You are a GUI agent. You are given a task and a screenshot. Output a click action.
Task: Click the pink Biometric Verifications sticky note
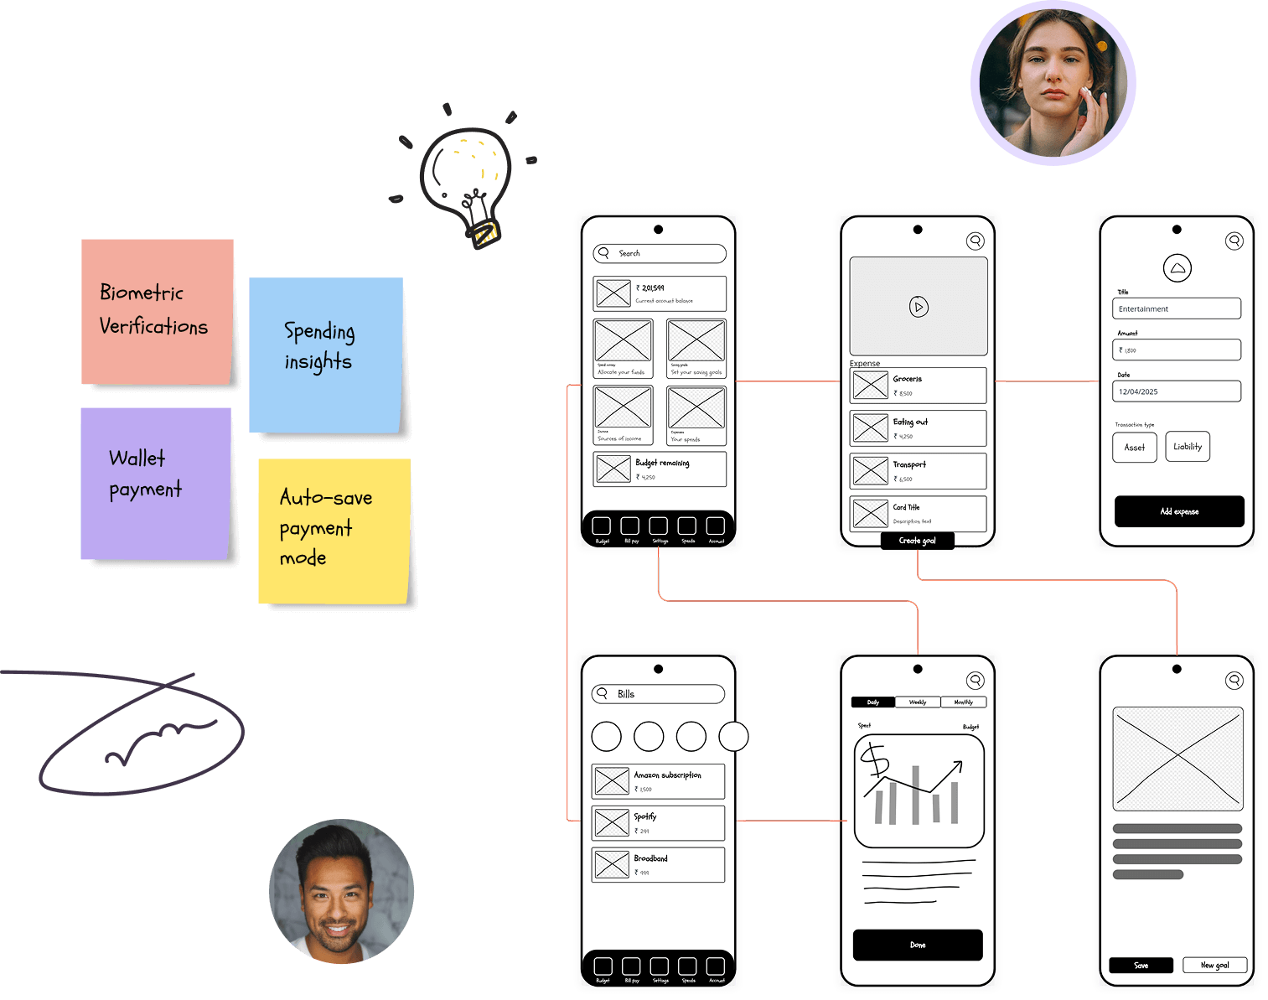[x=157, y=311]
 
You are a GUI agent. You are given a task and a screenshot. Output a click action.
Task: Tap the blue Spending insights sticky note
[x=326, y=355]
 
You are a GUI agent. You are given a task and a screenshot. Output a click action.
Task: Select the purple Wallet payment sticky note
[x=155, y=483]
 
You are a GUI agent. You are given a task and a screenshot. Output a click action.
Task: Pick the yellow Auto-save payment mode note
[x=334, y=530]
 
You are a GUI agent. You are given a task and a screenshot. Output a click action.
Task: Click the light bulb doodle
[x=467, y=183]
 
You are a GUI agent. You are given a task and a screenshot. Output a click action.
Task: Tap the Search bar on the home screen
[x=660, y=253]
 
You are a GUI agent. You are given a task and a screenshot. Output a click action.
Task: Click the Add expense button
[x=1178, y=511]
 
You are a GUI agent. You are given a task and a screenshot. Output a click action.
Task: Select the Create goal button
[x=917, y=541]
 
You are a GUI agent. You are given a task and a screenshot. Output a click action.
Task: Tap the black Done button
[x=918, y=945]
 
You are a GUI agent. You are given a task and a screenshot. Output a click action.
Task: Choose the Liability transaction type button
[x=1187, y=447]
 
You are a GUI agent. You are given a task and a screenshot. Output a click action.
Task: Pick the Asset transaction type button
[x=1135, y=447]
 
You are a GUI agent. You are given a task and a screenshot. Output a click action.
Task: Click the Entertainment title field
[x=1177, y=308]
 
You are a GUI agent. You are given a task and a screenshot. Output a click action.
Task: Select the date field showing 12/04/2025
[x=1177, y=391]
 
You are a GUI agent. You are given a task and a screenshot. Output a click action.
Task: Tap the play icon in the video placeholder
[x=919, y=307]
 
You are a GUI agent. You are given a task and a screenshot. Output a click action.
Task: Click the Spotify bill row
[x=658, y=823]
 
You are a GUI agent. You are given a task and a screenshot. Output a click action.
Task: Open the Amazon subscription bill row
[x=658, y=781]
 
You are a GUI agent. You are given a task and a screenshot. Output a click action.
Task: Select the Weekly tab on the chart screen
[x=918, y=702]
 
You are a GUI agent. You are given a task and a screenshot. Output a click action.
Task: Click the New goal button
[x=1214, y=965]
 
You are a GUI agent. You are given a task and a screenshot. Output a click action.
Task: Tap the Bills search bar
[x=658, y=694]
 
